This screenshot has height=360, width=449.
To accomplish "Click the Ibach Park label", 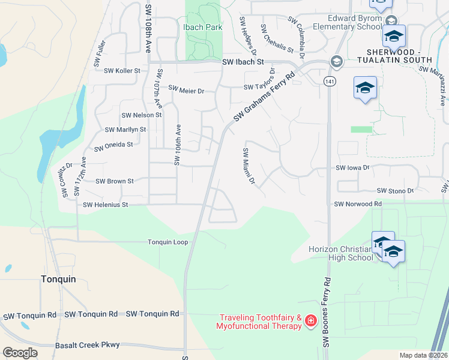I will [202, 27].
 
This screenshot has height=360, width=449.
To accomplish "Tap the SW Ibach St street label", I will [243, 62].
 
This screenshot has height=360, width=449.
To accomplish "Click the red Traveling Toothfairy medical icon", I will [310, 321].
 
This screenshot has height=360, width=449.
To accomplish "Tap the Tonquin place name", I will [58, 279].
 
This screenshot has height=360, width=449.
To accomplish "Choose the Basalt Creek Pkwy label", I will [88, 345].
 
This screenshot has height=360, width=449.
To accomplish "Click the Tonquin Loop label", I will [168, 242].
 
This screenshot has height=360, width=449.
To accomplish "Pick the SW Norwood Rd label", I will [358, 204].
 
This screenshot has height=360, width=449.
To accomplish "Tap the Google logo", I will [20, 353].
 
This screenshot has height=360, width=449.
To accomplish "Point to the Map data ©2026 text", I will [423, 355].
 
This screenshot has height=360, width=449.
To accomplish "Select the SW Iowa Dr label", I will [352, 169].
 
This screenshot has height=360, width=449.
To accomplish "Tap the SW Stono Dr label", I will [396, 191].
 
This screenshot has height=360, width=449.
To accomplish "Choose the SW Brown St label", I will [114, 181].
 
